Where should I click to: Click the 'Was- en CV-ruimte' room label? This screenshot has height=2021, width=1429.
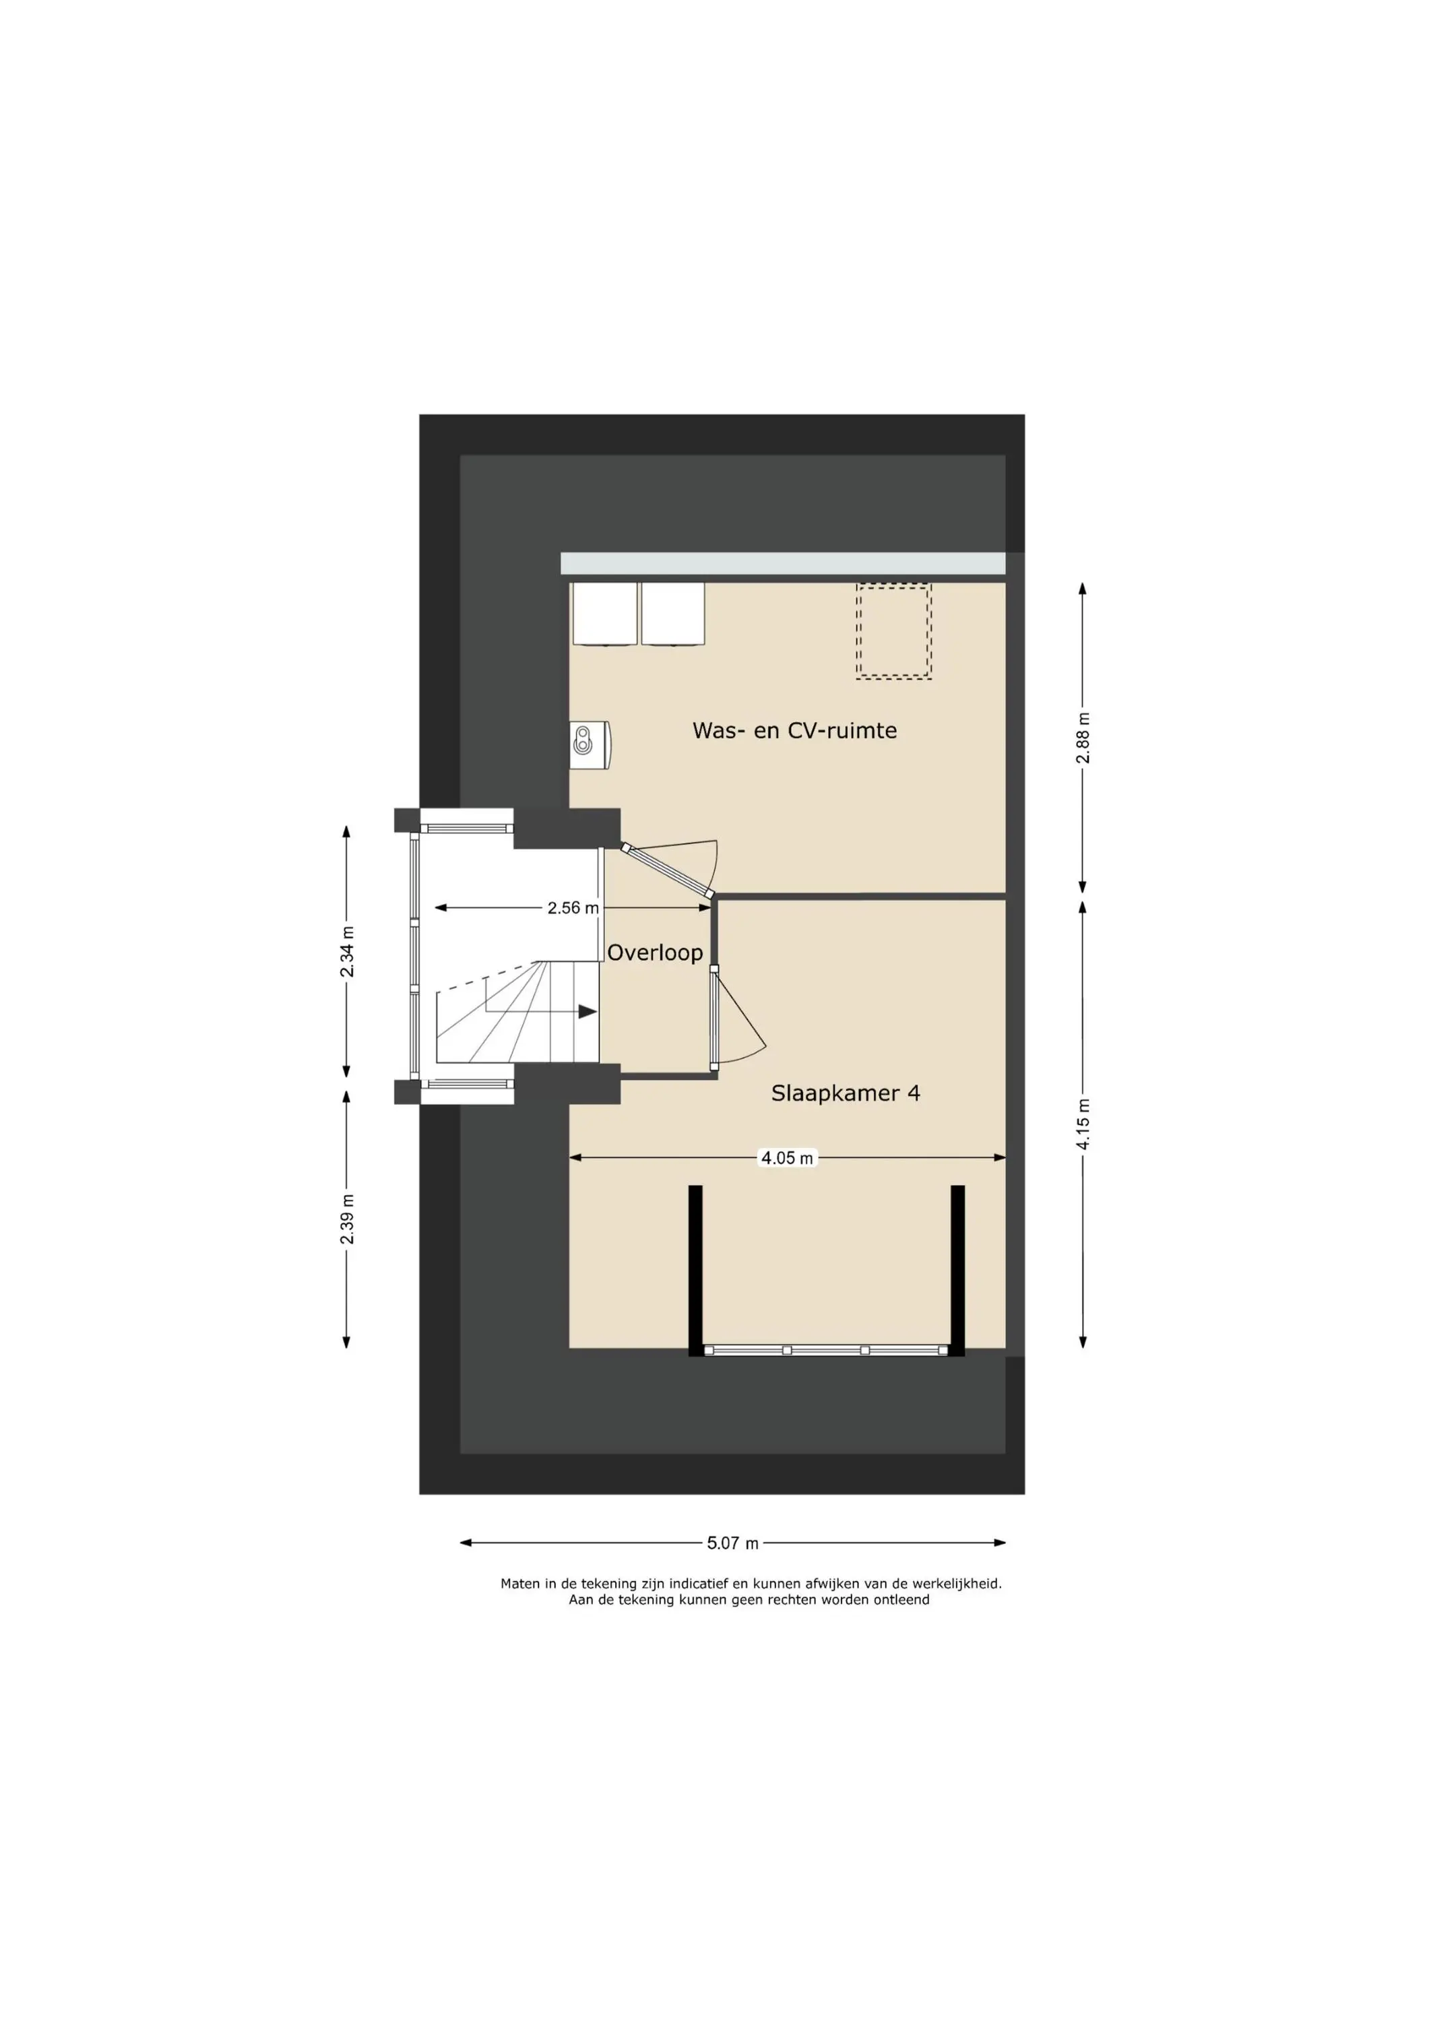click(794, 730)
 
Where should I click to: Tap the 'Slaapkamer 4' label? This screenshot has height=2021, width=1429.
click(846, 1093)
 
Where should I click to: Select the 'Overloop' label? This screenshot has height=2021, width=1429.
click(655, 953)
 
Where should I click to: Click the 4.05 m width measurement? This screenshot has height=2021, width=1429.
click(787, 1159)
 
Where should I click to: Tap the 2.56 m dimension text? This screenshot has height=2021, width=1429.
click(573, 907)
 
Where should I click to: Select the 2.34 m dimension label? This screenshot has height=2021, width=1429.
click(347, 951)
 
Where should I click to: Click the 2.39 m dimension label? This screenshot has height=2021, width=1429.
click(347, 1219)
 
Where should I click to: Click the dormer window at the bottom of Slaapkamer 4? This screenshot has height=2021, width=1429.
click(826, 1350)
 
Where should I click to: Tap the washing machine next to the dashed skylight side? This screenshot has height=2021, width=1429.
click(672, 614)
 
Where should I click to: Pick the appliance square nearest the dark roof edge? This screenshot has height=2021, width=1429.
click(604, 614)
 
